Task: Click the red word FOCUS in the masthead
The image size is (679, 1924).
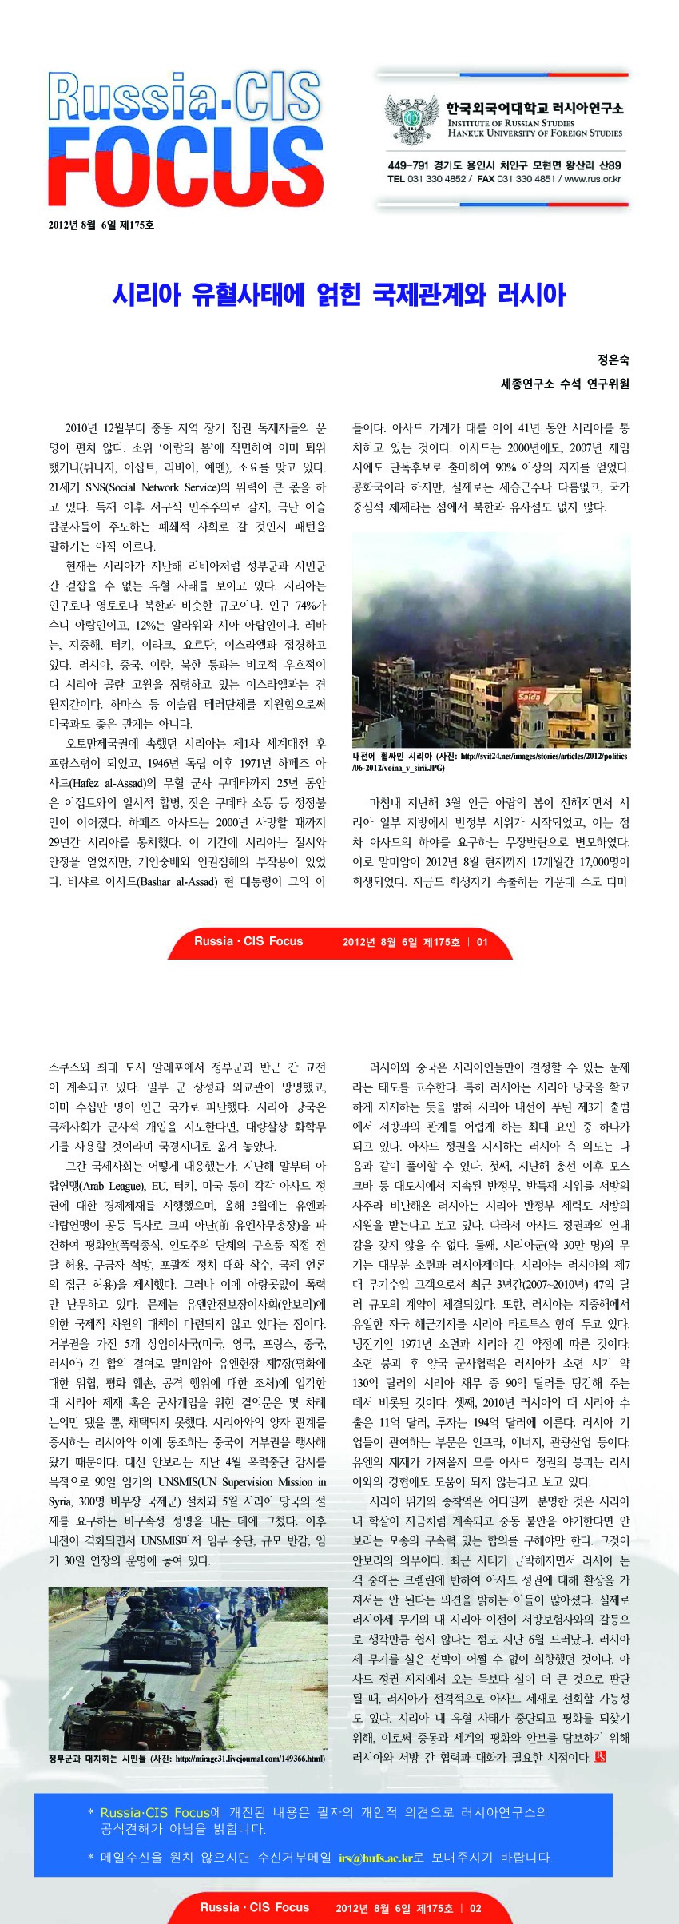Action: (x=185, y=167)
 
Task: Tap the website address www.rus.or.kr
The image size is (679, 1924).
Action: (x=593, y=179)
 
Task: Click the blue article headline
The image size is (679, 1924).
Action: (x=339, y=295)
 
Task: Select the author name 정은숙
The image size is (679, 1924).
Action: (x=613, y=360)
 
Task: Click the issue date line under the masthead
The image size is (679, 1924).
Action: (x=101, y=225)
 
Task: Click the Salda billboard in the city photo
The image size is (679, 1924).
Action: (x=530, y=696)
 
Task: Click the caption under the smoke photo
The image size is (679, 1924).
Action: (x=490, y=761)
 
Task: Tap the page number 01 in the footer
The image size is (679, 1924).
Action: (x=482, y=942)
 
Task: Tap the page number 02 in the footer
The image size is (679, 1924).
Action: (x=475, y=1908)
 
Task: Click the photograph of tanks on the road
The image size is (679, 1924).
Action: (x=188, y=1668)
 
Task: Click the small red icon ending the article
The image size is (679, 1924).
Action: (x=600, y=1756)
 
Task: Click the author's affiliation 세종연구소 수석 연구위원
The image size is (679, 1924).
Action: (x=565, y=384)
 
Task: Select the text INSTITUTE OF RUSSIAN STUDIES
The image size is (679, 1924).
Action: (x=510, y=123)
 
